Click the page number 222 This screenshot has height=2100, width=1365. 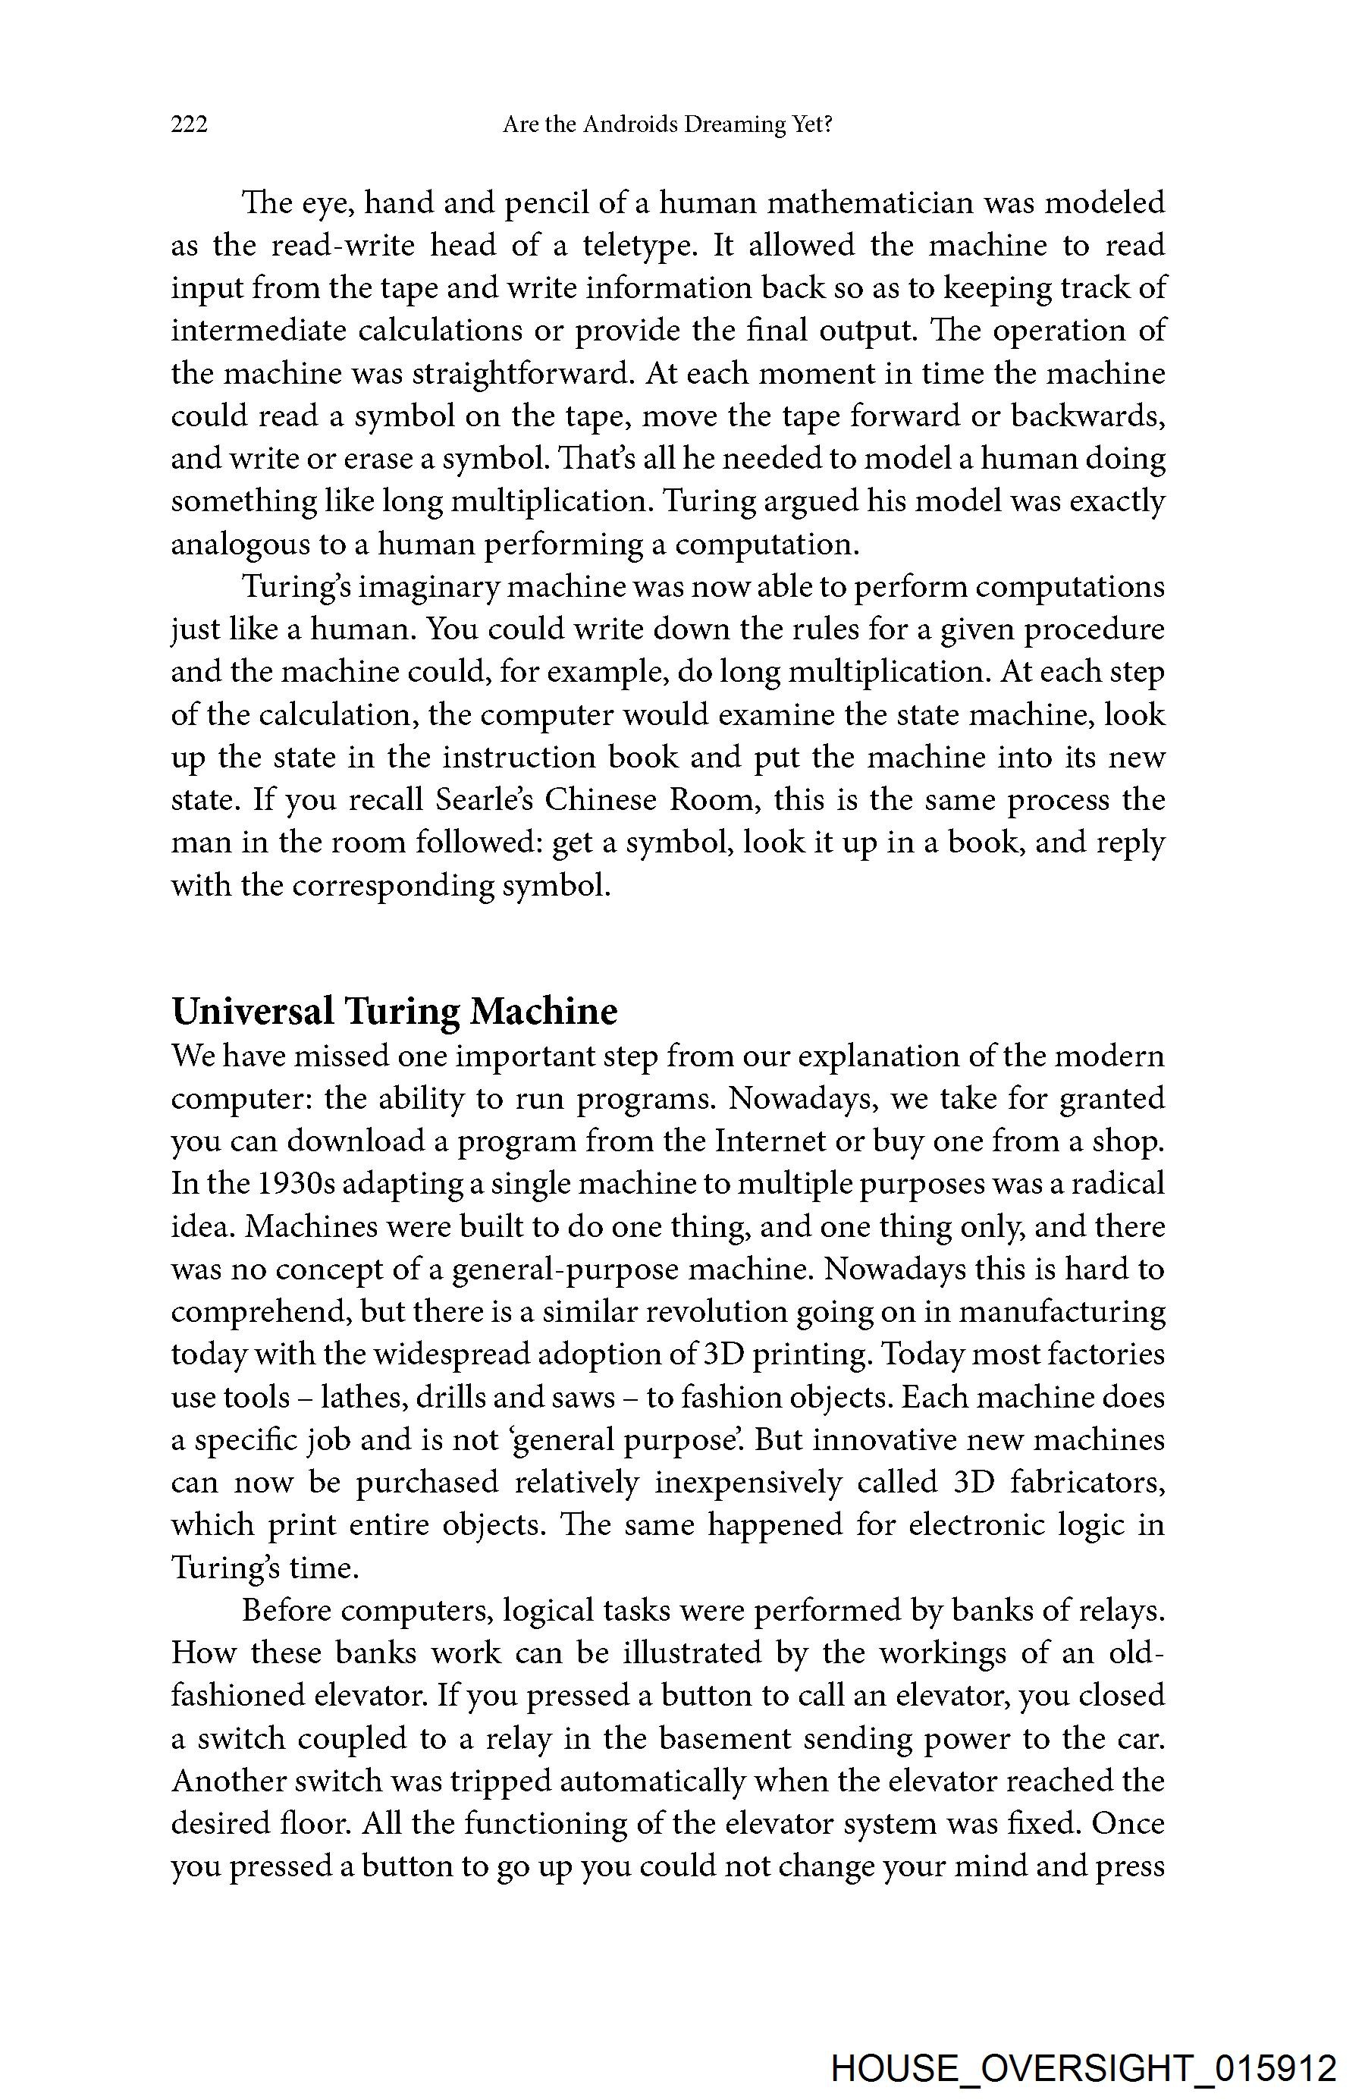(x=190, y=124)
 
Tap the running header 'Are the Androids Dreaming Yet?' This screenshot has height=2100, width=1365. (x=667, y=124)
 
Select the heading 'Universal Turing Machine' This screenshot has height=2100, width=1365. (x=394, y=1011)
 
